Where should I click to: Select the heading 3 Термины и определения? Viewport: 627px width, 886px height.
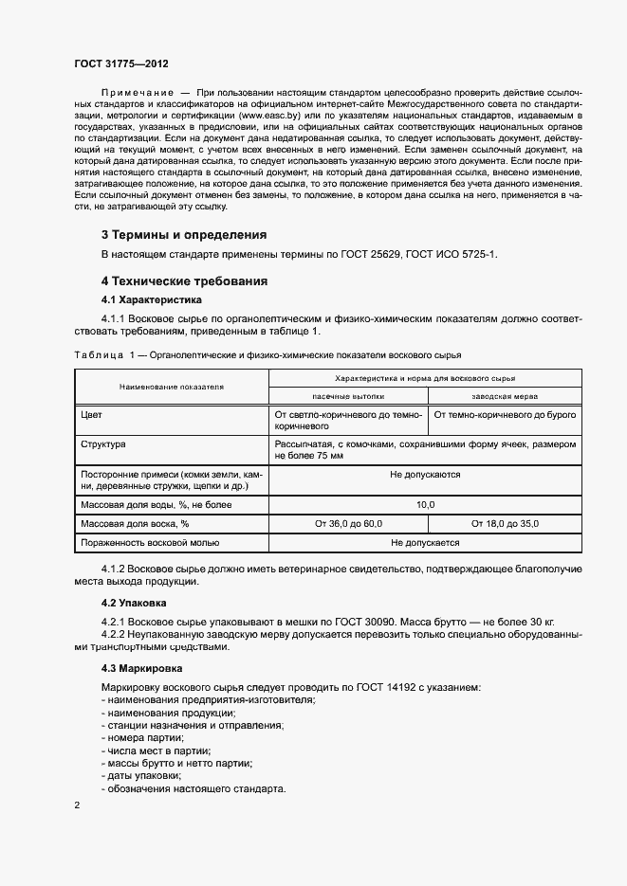click(x=184, y=234)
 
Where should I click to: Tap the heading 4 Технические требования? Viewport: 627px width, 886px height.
click(x=185, y=281)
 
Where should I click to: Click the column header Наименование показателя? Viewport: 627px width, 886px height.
click(x=171, y=387)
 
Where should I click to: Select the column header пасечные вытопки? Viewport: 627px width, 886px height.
click(x=348, y=395)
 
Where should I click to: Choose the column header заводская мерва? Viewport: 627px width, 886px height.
click(x=507, y=395)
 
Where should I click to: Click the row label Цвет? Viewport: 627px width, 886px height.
click(x=92, y=415)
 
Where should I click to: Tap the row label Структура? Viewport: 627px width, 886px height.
click(x=104, y=443)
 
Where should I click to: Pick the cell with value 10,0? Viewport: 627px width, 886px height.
click(x=426, y=504)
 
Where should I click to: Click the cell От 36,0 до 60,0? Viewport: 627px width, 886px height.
click(x=348, y=523)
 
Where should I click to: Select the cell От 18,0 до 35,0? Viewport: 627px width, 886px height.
click(x=507, y=523)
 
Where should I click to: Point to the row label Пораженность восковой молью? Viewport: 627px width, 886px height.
click(x=151, y=543)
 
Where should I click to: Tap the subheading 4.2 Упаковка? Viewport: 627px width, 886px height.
click(x=134, y=602)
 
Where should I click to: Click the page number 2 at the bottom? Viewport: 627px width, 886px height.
click(x=77, y=805)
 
